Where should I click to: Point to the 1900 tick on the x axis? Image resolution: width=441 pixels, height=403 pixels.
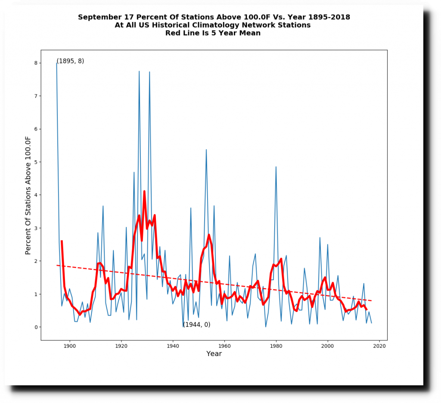coord(69,346)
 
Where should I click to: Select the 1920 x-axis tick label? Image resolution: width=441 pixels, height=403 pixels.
coord(121,346)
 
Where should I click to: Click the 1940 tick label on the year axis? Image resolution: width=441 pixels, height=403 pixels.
coord(173,346)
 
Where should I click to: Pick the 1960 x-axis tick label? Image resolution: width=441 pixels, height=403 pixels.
coord(224,346)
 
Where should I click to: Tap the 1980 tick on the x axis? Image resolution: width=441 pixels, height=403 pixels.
coord(276,346)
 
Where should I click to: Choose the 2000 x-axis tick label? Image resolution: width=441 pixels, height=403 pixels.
coord(328,346)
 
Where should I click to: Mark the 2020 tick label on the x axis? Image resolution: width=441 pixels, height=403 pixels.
coord(379,346)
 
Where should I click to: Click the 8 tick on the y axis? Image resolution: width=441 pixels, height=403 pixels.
coord(36,63)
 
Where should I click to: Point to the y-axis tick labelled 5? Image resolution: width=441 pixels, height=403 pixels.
coord(36,162)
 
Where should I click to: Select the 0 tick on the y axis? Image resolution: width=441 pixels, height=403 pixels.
coord(36,327)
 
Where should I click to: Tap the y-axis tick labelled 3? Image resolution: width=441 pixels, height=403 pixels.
coord(36,228)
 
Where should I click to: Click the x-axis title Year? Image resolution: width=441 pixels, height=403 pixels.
coord(214,354)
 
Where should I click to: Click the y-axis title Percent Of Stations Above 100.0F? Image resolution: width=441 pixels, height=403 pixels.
coord(28,195)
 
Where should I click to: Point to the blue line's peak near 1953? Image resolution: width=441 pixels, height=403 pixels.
coord(206,150)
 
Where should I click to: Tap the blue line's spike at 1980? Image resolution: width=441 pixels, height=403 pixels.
coord(276,167)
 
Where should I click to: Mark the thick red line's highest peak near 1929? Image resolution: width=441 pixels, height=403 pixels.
coord(144,191)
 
